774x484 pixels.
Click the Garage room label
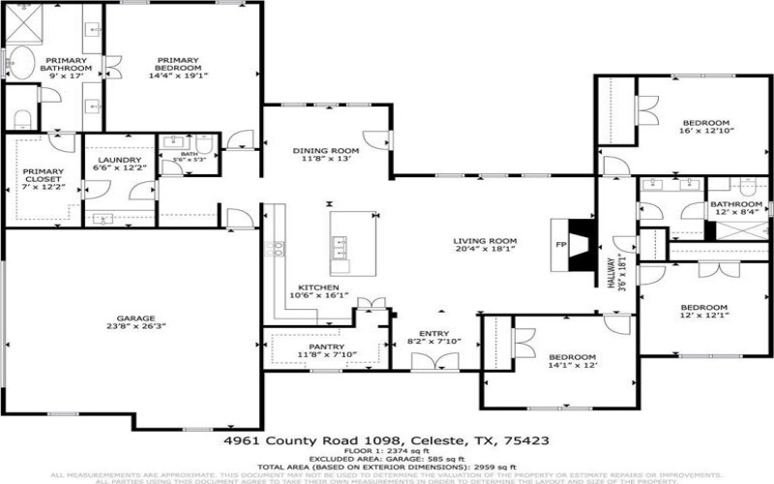(133, 321)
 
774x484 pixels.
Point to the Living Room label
(487, 246)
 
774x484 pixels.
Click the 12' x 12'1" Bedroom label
(704, 311)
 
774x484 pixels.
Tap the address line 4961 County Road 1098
(386, 439)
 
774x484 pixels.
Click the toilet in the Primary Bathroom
(23, 116)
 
